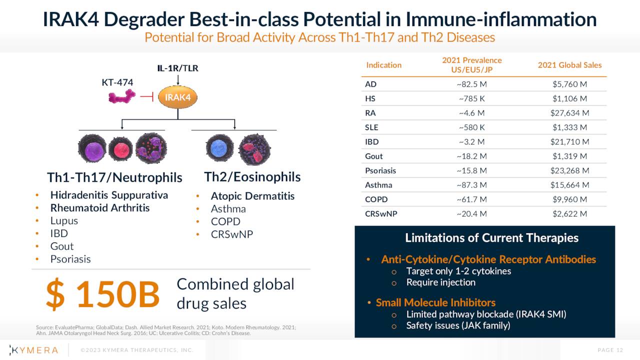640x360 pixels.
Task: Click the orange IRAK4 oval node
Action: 177,97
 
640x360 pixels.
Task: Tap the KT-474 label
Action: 117,82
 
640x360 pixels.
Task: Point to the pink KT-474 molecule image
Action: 122,96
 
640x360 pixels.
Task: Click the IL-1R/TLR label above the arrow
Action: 178,68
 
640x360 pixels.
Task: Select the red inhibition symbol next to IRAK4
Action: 147,97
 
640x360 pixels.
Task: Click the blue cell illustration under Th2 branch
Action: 219,148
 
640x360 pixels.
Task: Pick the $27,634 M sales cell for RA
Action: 569,113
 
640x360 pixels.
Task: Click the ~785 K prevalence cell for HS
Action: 471,98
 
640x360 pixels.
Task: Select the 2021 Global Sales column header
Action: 569,65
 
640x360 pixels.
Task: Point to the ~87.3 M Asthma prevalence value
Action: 471,185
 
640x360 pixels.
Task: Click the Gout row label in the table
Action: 374,156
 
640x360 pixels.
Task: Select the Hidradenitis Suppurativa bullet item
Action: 109,195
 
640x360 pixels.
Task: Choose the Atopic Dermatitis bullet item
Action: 252,196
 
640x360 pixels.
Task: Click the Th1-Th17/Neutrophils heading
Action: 114,177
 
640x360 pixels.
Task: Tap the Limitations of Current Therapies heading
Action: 491,237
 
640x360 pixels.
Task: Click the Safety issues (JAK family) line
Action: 458,325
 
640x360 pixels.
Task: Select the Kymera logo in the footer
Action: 34,350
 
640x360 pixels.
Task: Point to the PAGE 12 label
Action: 610,350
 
